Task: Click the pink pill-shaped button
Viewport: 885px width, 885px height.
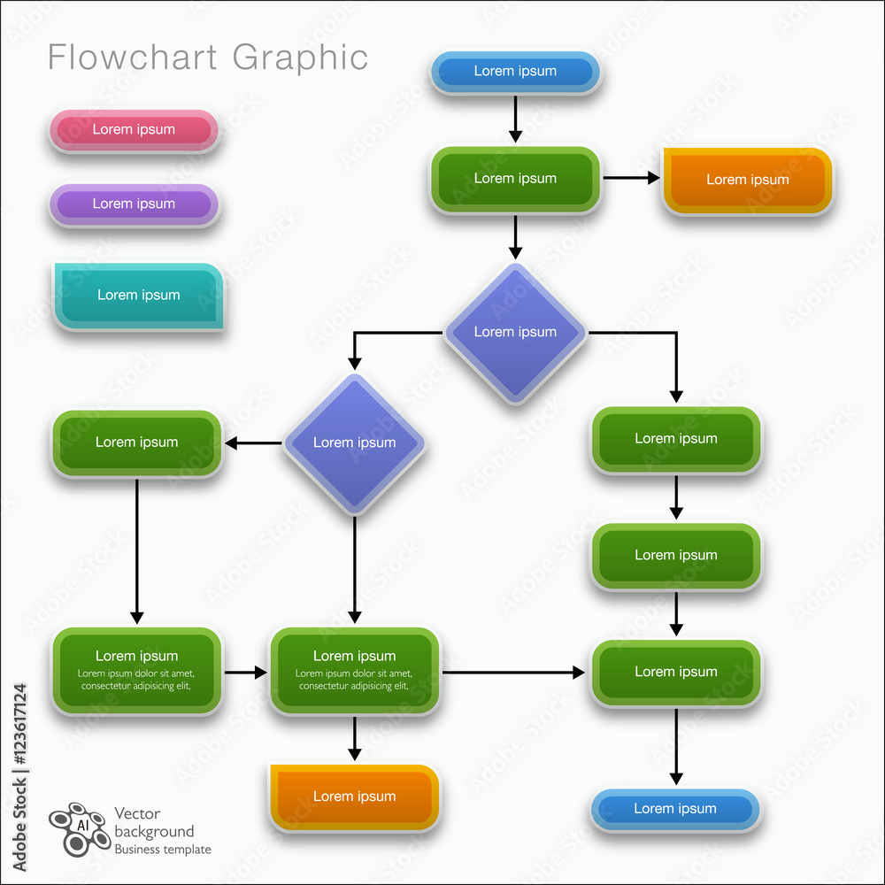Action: point(134,130)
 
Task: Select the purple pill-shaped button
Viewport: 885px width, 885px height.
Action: point(134,204)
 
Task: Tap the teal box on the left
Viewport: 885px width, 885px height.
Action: point(138,296)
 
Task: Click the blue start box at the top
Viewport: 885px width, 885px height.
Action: point(515,72)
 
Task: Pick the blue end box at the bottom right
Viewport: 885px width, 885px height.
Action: point(675,809)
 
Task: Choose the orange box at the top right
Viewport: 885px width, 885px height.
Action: point(747,180)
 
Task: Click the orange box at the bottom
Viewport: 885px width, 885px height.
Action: point(354,796)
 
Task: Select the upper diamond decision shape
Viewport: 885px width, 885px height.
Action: point(515,332)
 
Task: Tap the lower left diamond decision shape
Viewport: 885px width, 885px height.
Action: point(354,442)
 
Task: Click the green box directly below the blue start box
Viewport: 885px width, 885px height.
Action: point(515,179)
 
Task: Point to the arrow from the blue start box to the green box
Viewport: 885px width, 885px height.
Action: point(515,119)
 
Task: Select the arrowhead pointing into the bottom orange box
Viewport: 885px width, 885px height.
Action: point(354,753)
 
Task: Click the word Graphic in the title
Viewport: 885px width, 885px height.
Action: point(300,58)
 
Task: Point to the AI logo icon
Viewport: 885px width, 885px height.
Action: point(79,828)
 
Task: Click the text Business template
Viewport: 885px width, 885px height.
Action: point(163,850)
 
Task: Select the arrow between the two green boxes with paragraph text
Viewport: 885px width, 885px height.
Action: point(245,673)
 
